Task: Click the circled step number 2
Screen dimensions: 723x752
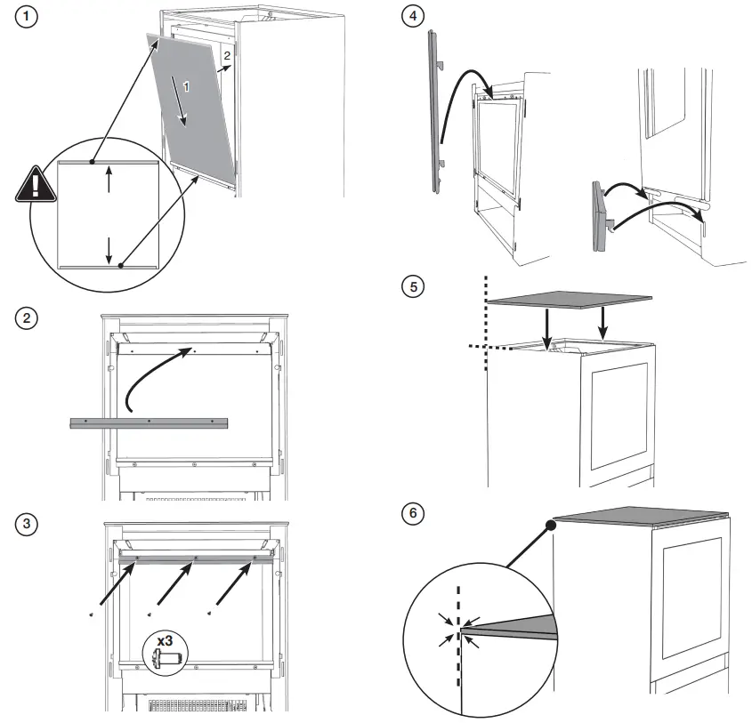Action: coord(29,318)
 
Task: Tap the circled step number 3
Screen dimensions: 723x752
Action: coord(29,523)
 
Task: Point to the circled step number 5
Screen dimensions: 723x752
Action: coord(411,287)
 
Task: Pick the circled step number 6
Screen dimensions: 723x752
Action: coord(411,514)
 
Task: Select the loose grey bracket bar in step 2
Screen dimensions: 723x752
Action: coord(150,422)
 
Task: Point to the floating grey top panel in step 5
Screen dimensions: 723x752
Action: coord(570,302)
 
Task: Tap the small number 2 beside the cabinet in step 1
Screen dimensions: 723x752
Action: coord(228,55)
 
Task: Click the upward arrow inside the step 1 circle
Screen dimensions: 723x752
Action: coord(109,181)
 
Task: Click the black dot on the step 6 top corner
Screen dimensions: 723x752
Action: coord(551,526)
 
